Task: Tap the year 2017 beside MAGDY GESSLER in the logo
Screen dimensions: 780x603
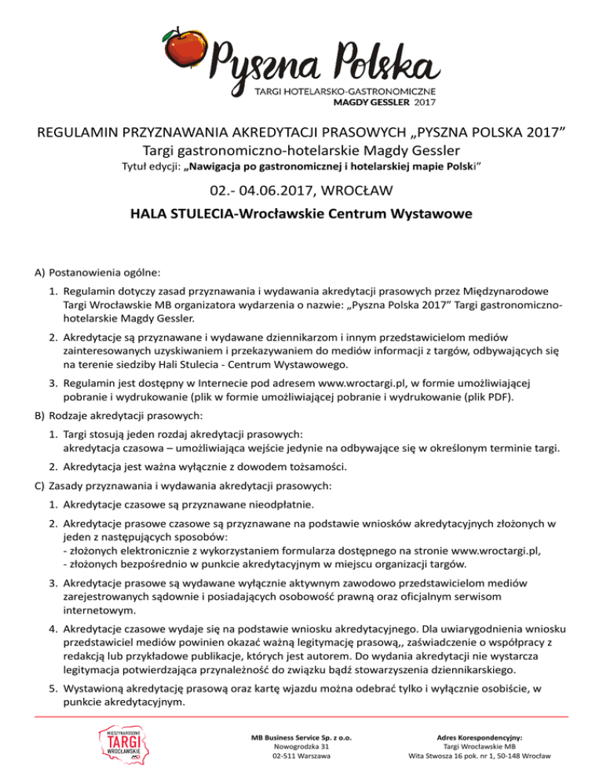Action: click(425, 101)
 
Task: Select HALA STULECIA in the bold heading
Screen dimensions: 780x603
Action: click(182, 214)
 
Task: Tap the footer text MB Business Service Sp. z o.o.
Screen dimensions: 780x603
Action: click(301, 738)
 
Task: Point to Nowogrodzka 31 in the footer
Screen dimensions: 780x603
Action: click(301, 748)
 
